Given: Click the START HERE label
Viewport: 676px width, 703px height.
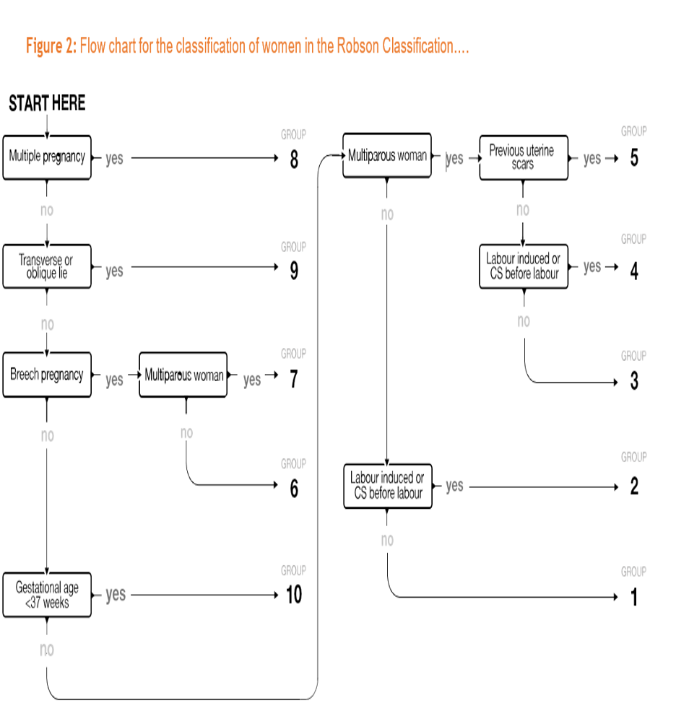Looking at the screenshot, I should pos(47,104).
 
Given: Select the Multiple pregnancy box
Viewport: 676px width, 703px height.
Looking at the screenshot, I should pos(47,157).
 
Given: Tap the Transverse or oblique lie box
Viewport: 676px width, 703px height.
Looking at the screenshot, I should pos(47,266).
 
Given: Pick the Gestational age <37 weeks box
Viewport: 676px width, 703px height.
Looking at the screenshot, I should pos(47,595).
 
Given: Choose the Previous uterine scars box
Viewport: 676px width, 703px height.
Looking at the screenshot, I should pos(523,157).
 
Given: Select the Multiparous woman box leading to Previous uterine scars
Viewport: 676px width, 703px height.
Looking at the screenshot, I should pos(387,155).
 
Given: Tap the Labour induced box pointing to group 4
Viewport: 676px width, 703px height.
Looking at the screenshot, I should pos(523,267).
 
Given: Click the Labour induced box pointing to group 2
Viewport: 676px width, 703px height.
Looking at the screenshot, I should pos(387,486).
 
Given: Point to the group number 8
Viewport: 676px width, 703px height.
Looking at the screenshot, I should pos(294,160).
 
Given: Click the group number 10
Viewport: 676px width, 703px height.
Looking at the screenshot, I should pos(294,595).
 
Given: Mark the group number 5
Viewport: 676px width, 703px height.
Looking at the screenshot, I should pos(634,158).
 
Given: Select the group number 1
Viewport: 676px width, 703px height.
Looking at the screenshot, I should pos(634,598).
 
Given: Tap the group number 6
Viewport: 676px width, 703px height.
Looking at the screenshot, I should pos(294,489).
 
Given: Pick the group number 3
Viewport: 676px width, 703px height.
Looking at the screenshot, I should pos(634,381).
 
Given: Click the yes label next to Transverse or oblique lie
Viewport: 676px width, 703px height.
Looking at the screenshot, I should pos(114,271).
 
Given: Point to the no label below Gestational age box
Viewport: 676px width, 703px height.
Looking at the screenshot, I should pos(47,650).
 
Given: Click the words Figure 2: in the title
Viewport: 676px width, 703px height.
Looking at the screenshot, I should pos(51,47).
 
